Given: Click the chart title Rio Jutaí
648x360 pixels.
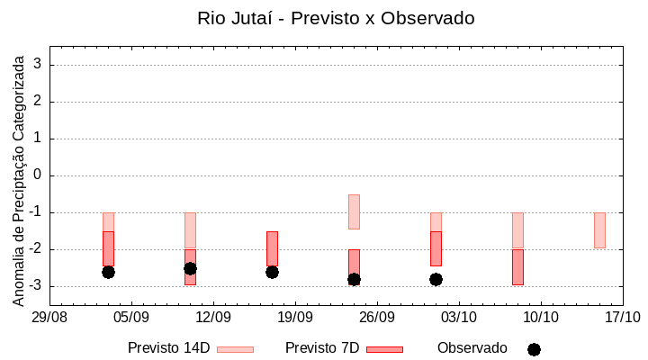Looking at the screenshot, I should [x=336, y=18].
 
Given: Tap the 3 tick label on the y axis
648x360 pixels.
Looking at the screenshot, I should [x=39, y=65].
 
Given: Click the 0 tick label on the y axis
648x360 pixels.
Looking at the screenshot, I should [x=39, y=175].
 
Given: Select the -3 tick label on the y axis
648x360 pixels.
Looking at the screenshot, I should [x=36, y=286].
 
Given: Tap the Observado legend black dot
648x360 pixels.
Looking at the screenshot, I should [x=534, y=349].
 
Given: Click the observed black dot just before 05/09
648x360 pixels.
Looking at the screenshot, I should [x=108, y=272].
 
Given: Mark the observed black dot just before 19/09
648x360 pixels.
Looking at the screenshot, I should [x=272, y=272].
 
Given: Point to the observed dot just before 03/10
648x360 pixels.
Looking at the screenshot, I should [x=436, y=279].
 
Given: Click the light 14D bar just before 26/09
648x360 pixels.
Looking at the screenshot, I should [x=354, y=211].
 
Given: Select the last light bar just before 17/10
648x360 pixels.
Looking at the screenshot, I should [x=599, y=230].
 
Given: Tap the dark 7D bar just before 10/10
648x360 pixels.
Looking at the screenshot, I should [x=517, y=267].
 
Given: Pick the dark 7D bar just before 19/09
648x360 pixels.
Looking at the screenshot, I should [x=272, y=248].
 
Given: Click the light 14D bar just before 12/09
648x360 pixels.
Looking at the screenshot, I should [x=190, y=230].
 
